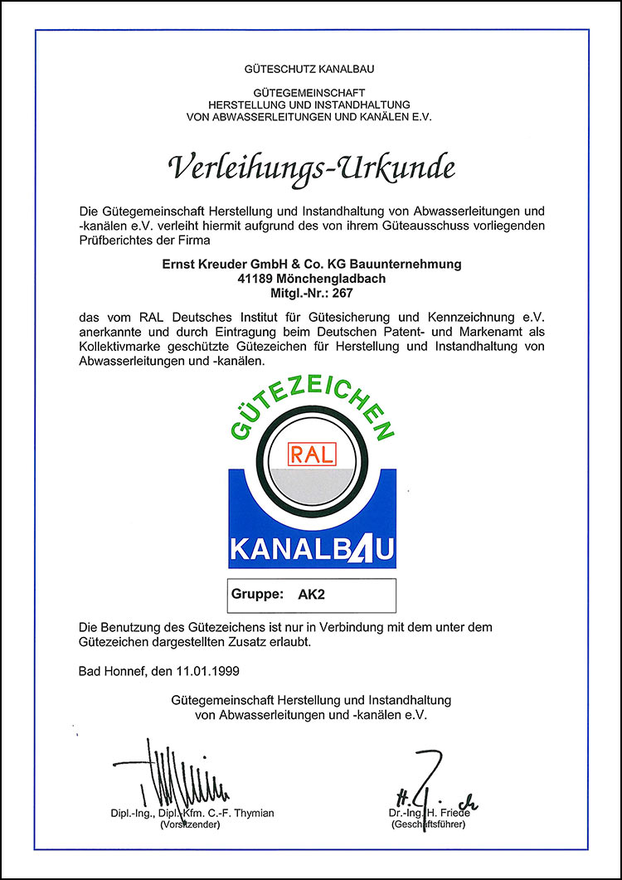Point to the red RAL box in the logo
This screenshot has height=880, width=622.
311,453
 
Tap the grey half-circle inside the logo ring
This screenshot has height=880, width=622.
311,485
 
